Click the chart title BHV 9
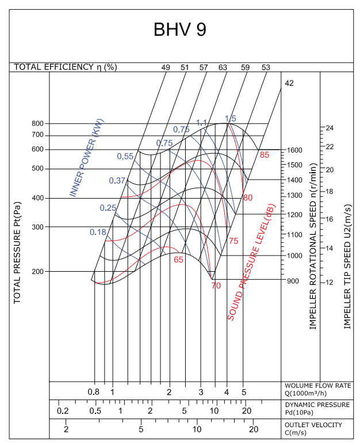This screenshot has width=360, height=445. [179, 30]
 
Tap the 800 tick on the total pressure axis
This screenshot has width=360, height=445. [37, 123]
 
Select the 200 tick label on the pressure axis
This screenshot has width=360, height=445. [37, 271]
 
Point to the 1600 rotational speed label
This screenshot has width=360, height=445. [294, 150]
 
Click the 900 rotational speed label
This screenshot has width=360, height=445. [293, 280]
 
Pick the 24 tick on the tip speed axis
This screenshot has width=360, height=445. [330, 128]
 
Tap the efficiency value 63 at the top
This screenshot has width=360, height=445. [223, 67]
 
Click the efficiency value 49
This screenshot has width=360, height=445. [166, 67]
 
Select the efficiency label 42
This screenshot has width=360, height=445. [289, 83]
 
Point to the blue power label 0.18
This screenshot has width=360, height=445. [98, 232]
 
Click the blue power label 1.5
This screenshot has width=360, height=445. [230, 119]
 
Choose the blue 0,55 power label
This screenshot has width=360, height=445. [125, 156]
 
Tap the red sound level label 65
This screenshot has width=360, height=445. [178, 260]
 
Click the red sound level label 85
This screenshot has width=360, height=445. [265, 155]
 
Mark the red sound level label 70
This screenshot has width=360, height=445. [216, 286]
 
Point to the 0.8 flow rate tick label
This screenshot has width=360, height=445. [94, 392]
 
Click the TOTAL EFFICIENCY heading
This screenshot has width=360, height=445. [65, 67]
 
